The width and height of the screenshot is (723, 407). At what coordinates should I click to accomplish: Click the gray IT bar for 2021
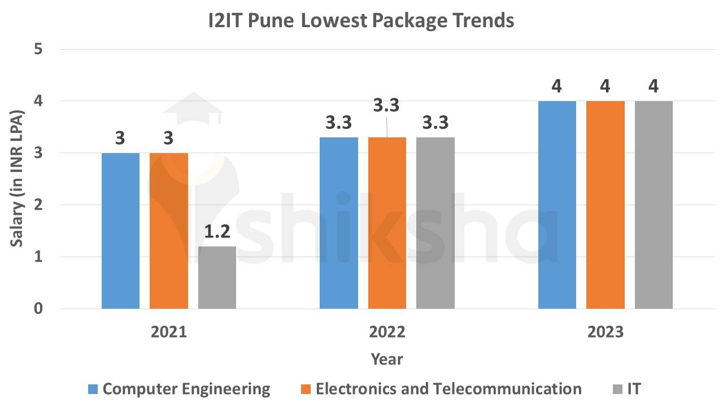217,278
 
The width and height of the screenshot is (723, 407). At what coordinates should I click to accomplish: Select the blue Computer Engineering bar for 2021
120,231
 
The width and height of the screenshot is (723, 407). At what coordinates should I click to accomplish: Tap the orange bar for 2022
387,223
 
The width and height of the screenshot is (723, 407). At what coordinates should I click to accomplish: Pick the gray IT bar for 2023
654,205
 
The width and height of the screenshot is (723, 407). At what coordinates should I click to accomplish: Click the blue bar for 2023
557,205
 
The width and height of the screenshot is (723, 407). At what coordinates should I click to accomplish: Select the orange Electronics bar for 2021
169,231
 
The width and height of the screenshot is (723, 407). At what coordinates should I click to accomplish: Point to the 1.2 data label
217,232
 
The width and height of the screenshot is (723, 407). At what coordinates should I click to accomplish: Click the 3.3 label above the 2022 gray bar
435,123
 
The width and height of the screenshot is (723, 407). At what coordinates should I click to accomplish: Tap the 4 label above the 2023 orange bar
606,87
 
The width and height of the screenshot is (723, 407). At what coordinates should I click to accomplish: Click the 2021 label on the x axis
169,332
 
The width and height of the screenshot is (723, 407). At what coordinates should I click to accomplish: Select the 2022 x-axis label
387,332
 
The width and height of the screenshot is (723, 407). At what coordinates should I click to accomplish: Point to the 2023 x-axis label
605,332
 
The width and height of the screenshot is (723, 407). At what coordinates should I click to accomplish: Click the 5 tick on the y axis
38,49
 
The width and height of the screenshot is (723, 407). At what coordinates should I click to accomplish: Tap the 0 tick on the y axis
38,309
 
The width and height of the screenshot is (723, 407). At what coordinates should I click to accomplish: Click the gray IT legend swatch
617,389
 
